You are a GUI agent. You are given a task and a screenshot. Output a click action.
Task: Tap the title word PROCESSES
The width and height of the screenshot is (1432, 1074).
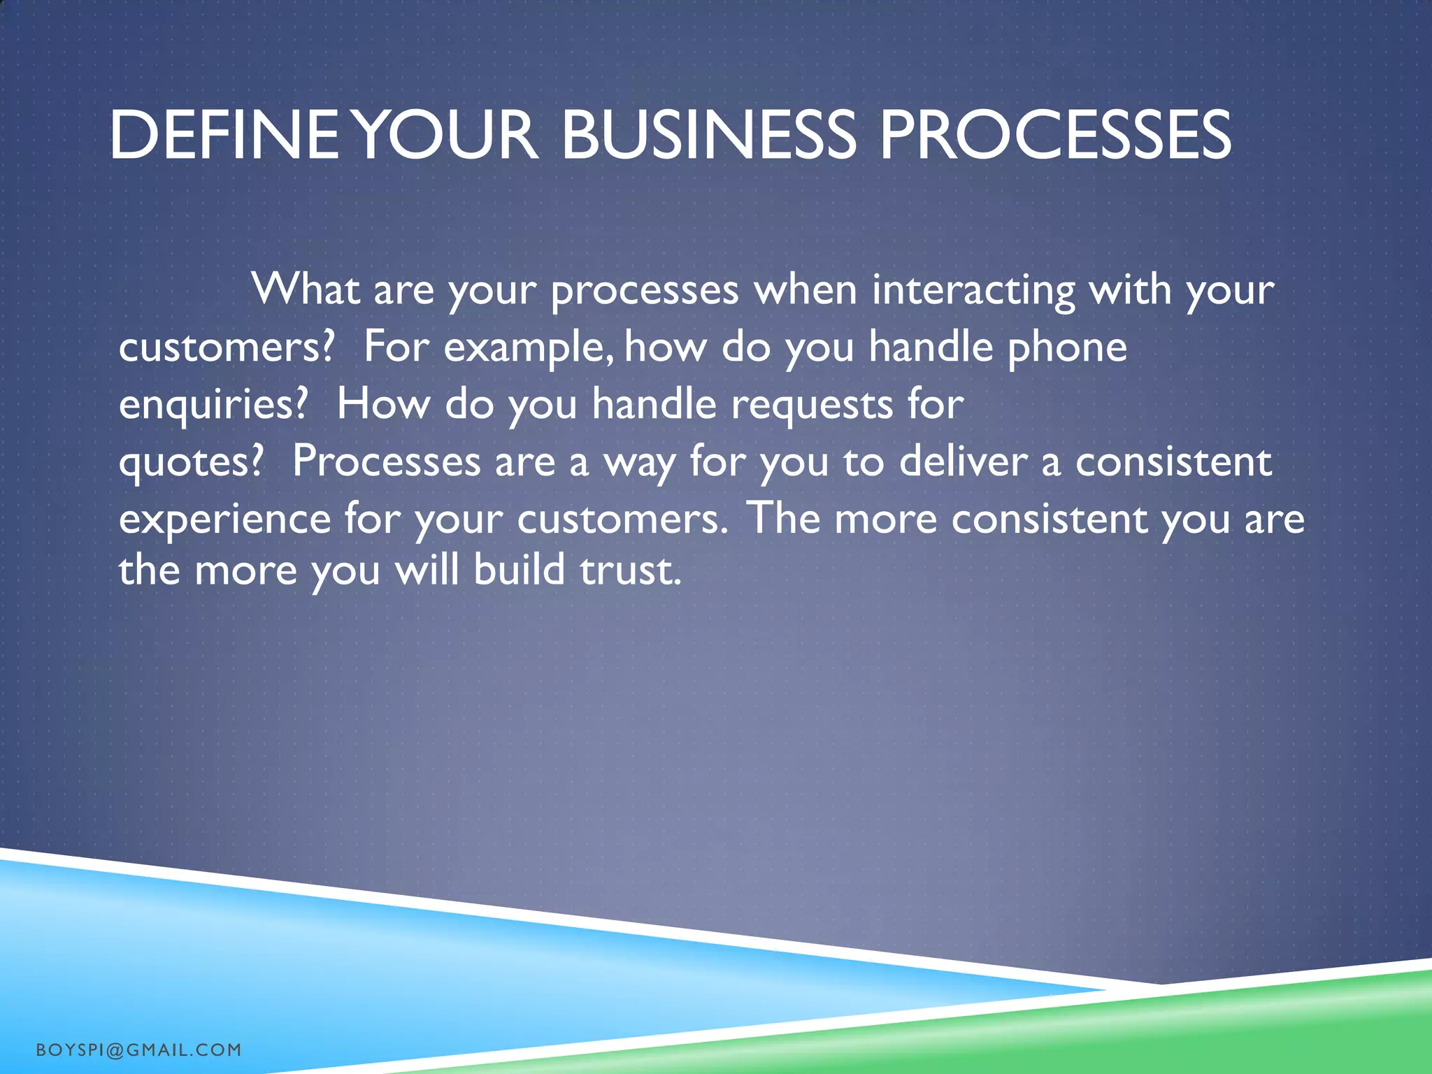pyautogui.click(x=1054, y=135)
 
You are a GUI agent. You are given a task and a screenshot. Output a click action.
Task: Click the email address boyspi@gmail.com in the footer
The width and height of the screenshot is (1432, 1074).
pyautogui.click(x=138, y=1050)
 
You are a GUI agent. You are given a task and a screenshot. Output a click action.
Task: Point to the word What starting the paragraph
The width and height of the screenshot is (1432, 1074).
pyautogui.click(x=306, y=289)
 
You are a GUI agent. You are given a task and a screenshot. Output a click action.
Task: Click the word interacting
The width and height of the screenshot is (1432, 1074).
pyautogui.click(x=973, y=290)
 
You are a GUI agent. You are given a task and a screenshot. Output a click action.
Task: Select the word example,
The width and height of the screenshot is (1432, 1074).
pyautogui.click(x=529, y=348)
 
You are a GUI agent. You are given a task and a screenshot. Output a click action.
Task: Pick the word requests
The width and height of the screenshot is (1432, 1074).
pyautogui.click(x=812, y=405)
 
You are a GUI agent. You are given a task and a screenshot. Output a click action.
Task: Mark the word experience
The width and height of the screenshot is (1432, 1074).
pyautogui.click(x=224, y=520)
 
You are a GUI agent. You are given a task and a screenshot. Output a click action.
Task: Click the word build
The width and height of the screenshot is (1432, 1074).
pyautogui.click(x=519, y=570)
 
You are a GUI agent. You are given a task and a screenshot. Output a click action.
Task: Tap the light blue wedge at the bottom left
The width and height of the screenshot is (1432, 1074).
pyautogui.click(x=210, y=965)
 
